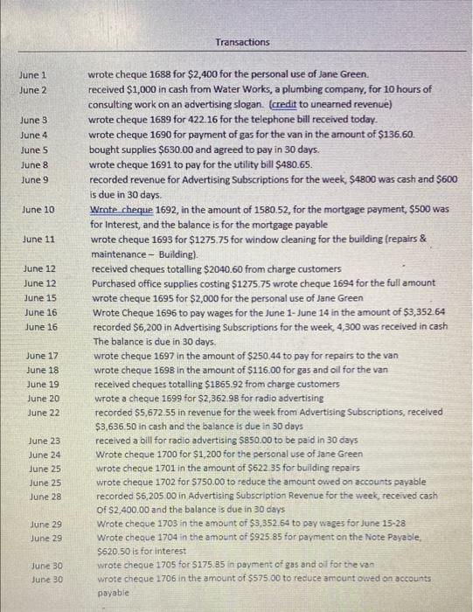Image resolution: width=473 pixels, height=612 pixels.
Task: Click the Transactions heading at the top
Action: [242, 42]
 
